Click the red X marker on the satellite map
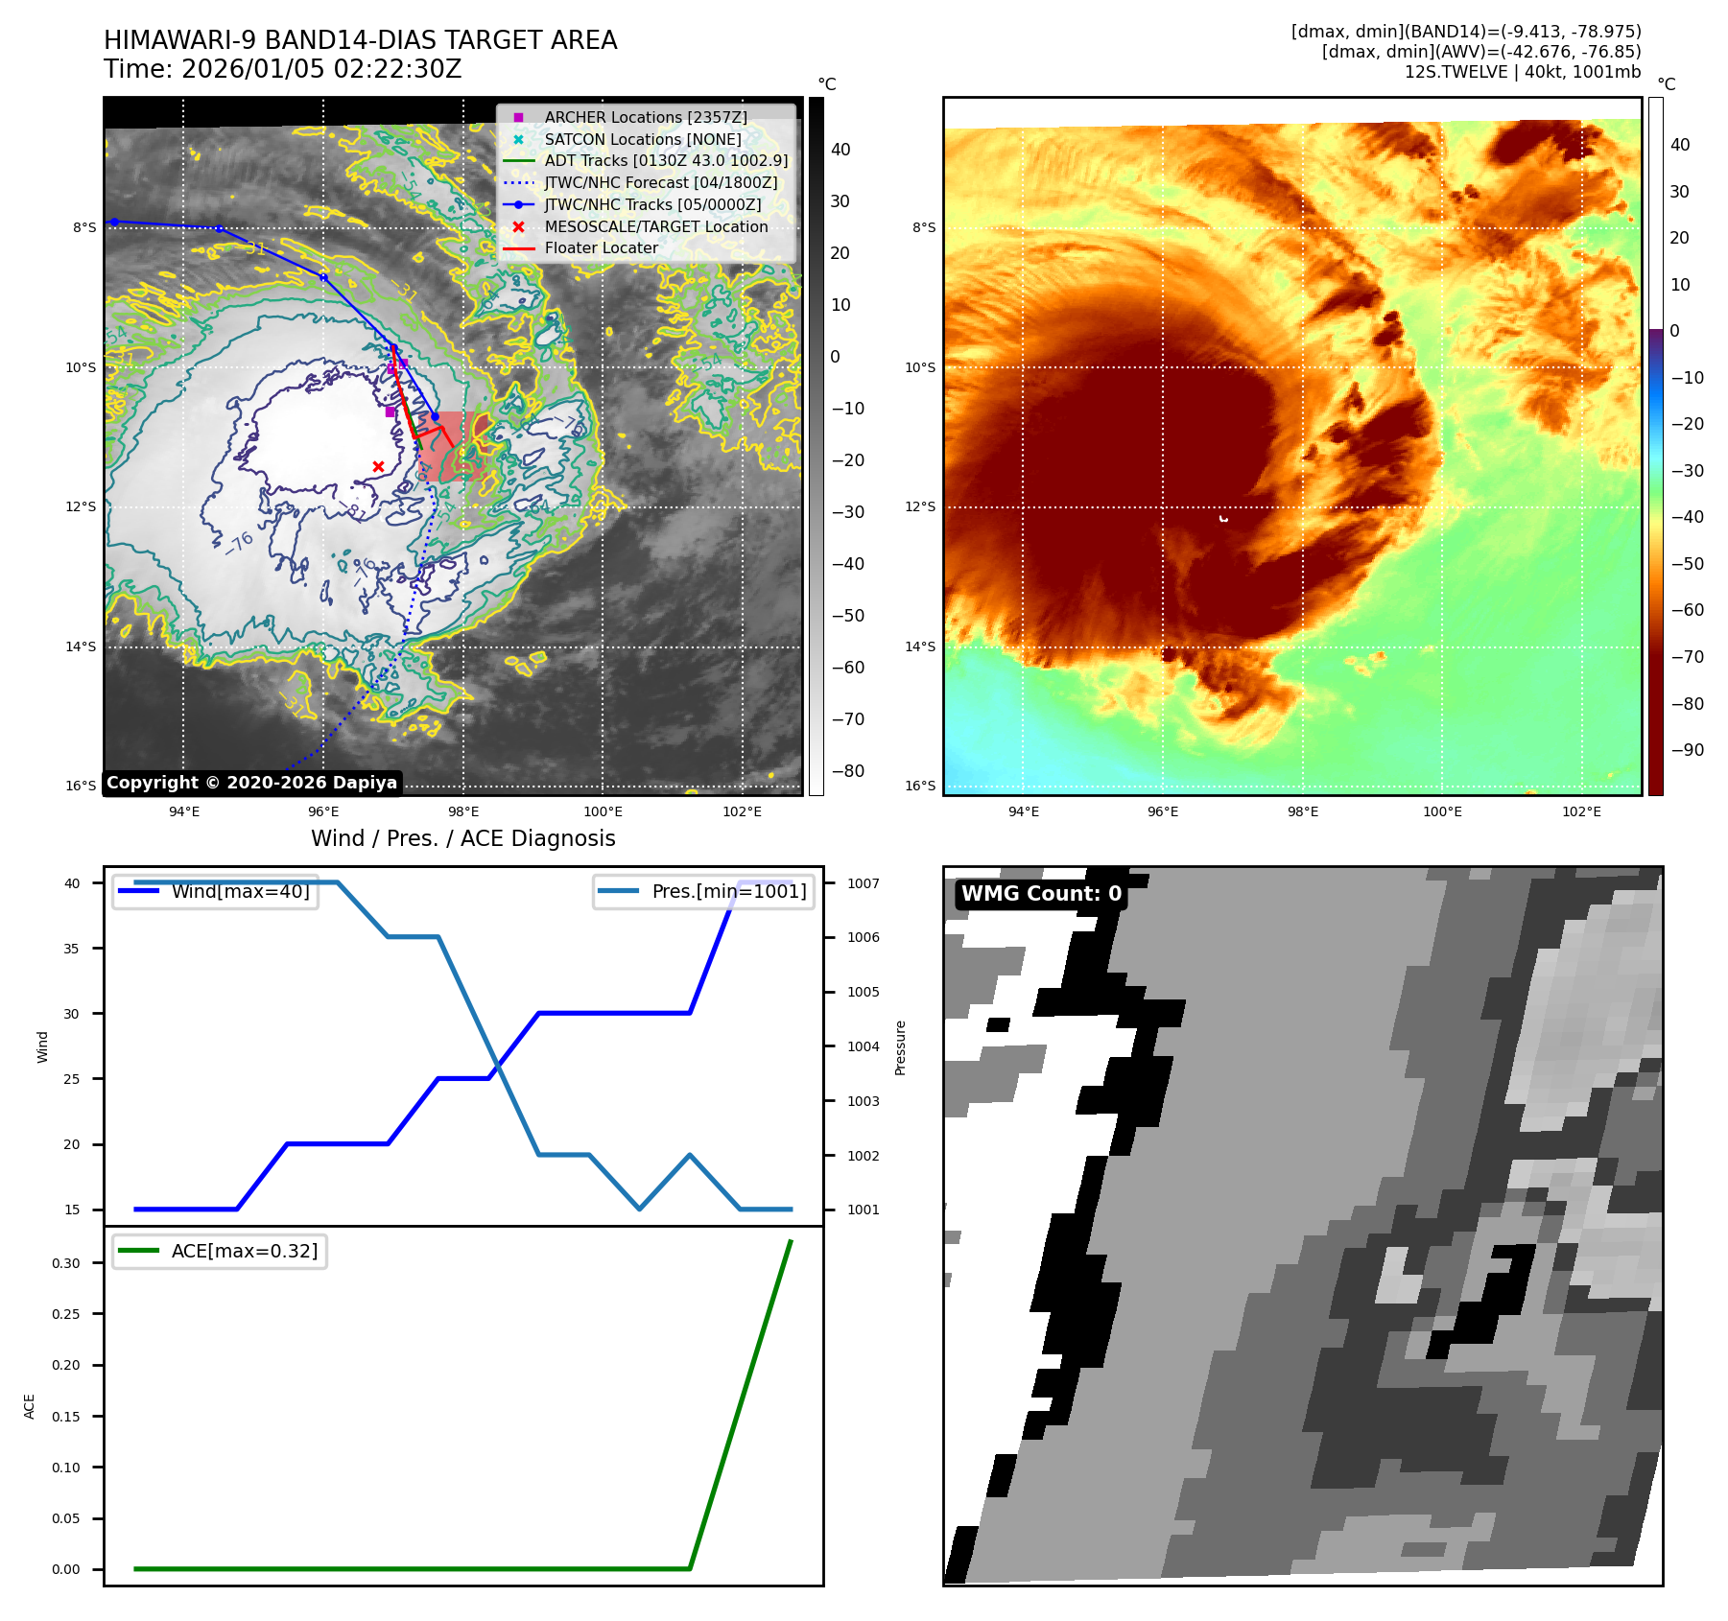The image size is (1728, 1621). tap(378, 466)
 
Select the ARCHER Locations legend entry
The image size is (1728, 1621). tap(645, 117)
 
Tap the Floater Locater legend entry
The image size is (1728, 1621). tap(601, 247)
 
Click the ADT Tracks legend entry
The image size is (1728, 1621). tap(666, 160)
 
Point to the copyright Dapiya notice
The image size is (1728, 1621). tap(251, 783)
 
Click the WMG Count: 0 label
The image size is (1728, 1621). tap(1041, 894)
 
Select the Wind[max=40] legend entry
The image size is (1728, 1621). tap(240, 891)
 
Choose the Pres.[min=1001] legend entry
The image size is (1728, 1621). tap(728, 891)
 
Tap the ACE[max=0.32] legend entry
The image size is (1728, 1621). tap(244, 1251)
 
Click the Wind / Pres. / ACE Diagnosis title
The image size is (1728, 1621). tap(462, 838)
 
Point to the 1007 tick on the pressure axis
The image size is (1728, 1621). tap(863, 883)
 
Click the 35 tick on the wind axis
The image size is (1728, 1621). tap(73, 949)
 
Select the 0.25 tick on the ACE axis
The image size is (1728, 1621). tap(66, 1314)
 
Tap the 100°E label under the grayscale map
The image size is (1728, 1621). tap(603, 811)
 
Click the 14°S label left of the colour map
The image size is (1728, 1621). tap(920, 646)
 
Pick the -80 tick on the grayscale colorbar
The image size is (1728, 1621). tap(848, 771)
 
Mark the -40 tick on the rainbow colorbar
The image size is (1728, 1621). tap(1687, 517)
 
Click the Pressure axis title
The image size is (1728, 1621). tap(900, 1047)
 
